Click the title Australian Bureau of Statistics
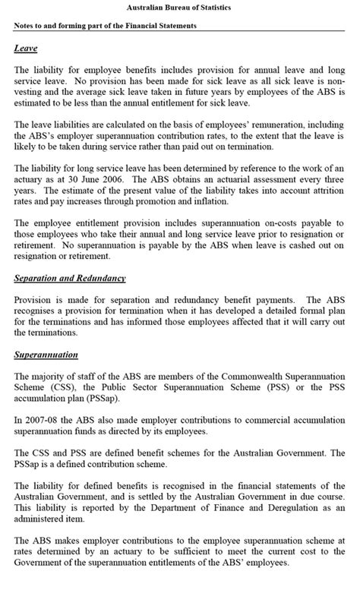tap(179, 7)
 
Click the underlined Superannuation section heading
tap(46, 355)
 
